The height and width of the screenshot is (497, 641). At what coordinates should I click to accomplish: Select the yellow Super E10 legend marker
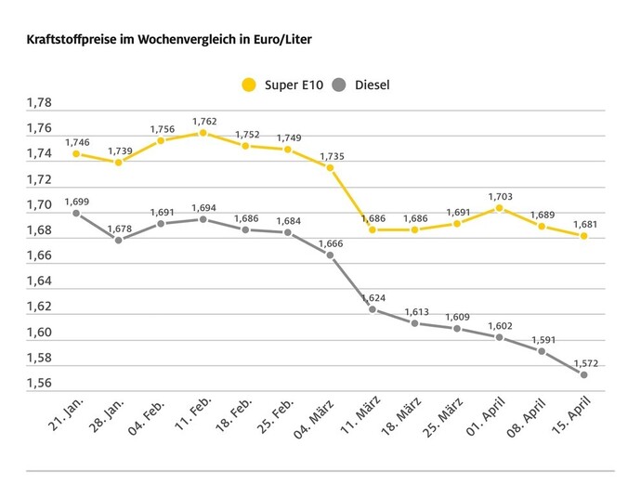tap(248, 85)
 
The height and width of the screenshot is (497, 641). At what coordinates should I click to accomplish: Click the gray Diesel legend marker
tap(338, 85)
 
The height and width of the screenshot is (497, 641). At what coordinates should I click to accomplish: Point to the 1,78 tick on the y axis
tap(39, 102)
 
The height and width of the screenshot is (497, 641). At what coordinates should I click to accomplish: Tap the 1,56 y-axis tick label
tap(39, 384)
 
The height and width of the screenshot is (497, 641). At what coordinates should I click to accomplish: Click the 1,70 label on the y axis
tap(39, 204)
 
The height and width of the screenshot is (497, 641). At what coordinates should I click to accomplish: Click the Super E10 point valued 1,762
tap(203, 133)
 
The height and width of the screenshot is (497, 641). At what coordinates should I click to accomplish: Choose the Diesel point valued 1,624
tap(373, 309)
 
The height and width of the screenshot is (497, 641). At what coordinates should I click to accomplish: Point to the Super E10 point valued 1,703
tap(500, 208)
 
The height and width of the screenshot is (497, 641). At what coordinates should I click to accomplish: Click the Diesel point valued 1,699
tap(76, 213)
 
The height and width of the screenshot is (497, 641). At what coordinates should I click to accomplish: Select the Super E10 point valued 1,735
tap(330, 167)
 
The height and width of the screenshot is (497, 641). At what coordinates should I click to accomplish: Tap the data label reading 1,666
tap(330, 242)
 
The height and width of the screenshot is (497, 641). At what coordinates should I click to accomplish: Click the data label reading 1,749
tap(288, 137)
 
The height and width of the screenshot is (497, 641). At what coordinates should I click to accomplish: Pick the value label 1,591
tap(542, 339)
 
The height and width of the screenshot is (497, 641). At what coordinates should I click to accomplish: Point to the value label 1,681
tap(584, 223)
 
